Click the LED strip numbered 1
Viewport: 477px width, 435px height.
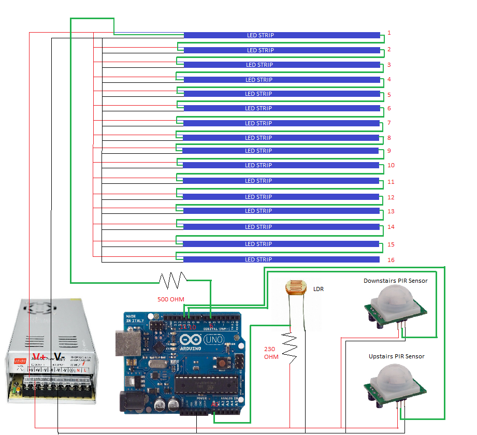click(282, 35)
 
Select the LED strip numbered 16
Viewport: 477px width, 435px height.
click(281, 259)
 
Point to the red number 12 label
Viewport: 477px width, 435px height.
click(391, 197)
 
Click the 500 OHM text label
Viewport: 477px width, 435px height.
click(171, 299)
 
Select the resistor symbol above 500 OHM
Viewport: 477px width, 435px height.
click(172, 280)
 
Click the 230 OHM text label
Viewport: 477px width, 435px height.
click(271, 353)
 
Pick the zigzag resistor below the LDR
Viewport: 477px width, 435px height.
click(290, 347)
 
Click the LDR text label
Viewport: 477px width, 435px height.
click(319, 289)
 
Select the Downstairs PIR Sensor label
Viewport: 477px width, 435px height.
click(396, 281)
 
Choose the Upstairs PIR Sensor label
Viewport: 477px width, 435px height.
click(397, 356)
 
